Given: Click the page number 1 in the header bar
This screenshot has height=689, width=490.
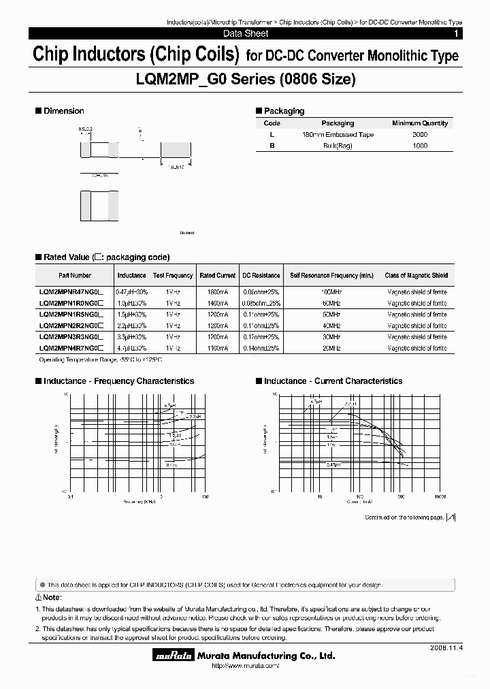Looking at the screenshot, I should [455, 33].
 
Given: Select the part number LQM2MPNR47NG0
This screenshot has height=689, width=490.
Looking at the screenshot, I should [70, 291].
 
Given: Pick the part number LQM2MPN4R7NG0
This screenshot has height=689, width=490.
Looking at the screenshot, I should [70, 348].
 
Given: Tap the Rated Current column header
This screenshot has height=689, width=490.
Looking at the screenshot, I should [217, 276].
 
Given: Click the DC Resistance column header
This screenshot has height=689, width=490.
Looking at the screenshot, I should [261, 276].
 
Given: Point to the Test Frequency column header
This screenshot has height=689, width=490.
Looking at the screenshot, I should [173, 276].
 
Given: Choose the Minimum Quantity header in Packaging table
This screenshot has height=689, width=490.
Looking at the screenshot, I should [420, 123].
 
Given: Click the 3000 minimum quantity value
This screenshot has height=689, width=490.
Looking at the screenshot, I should [420, 135].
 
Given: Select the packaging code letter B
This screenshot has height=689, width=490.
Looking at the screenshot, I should [272, 146].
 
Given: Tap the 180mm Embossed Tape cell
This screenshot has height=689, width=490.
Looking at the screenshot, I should [338, 135].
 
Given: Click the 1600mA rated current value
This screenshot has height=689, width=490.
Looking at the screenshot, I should [217, 291].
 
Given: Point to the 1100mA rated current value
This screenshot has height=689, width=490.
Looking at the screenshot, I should [217, 348].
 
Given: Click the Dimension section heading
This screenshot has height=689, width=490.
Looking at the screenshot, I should [63, 111].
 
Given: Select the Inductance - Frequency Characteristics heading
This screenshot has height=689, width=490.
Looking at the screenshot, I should [118, 381].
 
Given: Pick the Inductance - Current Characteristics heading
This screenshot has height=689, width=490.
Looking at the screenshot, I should [333, 381].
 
